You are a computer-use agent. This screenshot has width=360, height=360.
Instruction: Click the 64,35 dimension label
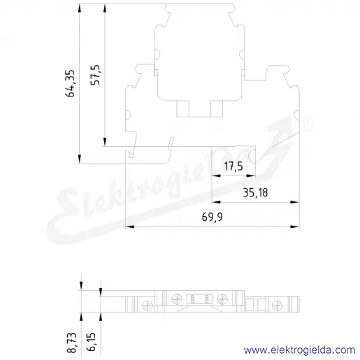pyautogui.click(x=70, y=83)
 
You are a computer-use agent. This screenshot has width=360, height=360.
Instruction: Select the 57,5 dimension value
pyautogui.click(x=95, y=75)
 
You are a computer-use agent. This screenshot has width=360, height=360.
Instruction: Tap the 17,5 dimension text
pyautogui.click(x=233, y=166)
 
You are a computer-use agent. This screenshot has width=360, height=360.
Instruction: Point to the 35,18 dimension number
pyautogui.click(x=255, y=193)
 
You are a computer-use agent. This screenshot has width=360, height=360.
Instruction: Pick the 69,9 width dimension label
pyautogui.click(x=212, y=217)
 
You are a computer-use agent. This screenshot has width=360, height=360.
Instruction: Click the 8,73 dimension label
pyautogui.click(x=71, y=343)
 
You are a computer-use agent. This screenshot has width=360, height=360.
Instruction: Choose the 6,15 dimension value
pyautogui.click(x=91, y=342)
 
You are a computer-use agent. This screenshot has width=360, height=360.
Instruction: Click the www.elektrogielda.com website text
pyautogui.click(x=299, y=350)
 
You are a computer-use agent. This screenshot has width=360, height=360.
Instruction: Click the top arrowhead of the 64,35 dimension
pyautogui.click(x=80, y=8)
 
